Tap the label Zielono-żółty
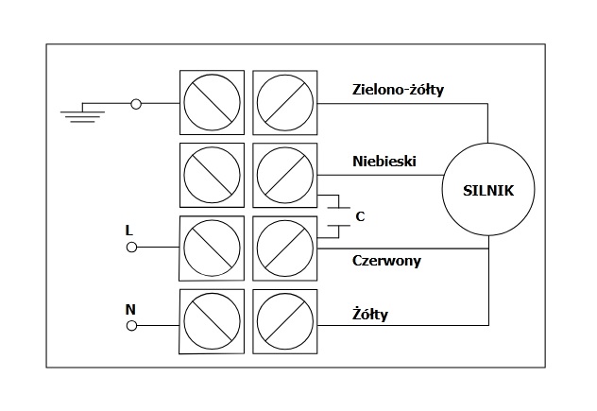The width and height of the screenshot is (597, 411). (398, 91)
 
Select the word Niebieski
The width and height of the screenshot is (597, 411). (384, 162)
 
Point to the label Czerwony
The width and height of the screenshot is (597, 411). (386, 260)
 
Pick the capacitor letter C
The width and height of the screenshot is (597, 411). (360, 216)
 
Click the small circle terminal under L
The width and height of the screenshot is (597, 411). (132, 248)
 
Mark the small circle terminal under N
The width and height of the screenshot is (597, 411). (132, 325)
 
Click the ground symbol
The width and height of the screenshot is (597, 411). (82, 112)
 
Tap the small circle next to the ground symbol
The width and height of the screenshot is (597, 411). (136, 103)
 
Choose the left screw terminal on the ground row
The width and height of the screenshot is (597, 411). (212, 103)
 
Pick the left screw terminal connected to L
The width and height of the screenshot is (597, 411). (212, 248)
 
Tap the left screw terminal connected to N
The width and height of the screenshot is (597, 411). (212, 322)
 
